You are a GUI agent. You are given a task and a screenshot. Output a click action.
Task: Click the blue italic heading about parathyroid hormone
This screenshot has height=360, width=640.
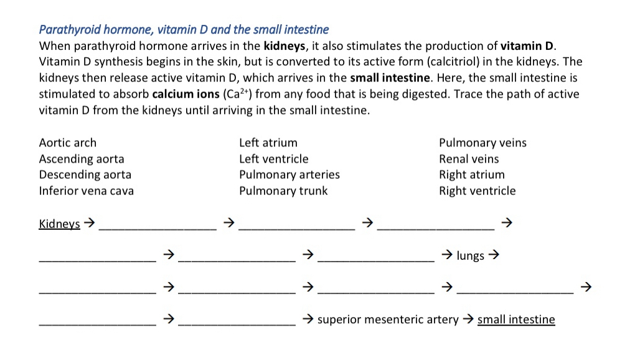coord(184,29)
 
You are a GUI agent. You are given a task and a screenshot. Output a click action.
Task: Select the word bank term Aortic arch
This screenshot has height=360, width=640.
coord(68,143)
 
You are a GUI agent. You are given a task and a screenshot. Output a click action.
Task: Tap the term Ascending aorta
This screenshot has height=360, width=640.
coord(82,159)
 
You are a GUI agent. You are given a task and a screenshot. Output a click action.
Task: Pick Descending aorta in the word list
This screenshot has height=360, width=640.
coord(85,174)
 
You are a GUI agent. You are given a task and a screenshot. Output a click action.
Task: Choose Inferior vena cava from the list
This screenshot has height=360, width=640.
coord(87,191)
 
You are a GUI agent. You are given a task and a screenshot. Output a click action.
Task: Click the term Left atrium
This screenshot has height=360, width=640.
coord(268,143)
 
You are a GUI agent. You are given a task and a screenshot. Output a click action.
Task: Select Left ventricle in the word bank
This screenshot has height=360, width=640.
coord(274,159)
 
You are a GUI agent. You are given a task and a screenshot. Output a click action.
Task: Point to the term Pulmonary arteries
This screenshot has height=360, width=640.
coord(289,174)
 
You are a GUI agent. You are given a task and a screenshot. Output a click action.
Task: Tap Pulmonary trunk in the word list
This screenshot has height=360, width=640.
coord(283,191)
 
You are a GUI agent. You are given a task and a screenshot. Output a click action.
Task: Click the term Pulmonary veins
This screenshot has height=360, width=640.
coord(482,143)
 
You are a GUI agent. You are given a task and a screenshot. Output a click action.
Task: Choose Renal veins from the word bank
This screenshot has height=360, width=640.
coord(469,159)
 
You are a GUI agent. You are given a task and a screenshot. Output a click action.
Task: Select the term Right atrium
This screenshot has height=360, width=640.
coord(472,174)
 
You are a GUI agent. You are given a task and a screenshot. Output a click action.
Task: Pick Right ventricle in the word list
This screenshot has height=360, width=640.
coord(478,191)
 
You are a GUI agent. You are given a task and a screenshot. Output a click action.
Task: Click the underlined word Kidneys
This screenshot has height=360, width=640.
coord(60,224)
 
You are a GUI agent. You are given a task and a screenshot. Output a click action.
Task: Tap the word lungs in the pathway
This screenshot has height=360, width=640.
coord(470,255)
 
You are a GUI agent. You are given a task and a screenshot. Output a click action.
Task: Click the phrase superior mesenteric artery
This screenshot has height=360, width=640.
coord(388,320)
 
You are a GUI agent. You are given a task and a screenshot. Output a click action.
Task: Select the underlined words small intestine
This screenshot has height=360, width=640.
coord(516,320)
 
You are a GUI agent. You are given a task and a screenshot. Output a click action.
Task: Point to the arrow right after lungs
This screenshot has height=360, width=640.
coord(494,255)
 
